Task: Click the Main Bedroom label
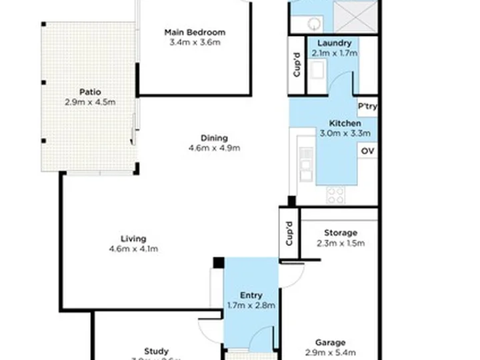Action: [x=195, y=32]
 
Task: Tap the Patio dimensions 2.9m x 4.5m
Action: [x=90, y=102]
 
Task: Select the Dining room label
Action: [x=213, y=138]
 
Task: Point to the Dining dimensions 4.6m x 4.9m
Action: [x=213, y=148]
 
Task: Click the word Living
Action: [x=133, y=239]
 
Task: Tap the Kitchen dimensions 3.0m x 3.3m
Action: [x=345, y=133]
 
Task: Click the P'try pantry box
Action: [x=367, y=107]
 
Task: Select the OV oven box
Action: [x=367, y=151]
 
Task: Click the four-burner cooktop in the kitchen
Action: [x=335, y=194]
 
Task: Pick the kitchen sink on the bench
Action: [x=306, y=164]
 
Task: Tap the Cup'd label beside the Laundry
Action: [x=297, y=65]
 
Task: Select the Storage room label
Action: [x=340, y=233]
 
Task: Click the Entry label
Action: [x=251, y=295]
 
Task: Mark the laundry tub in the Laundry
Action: [x=317, y=70]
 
